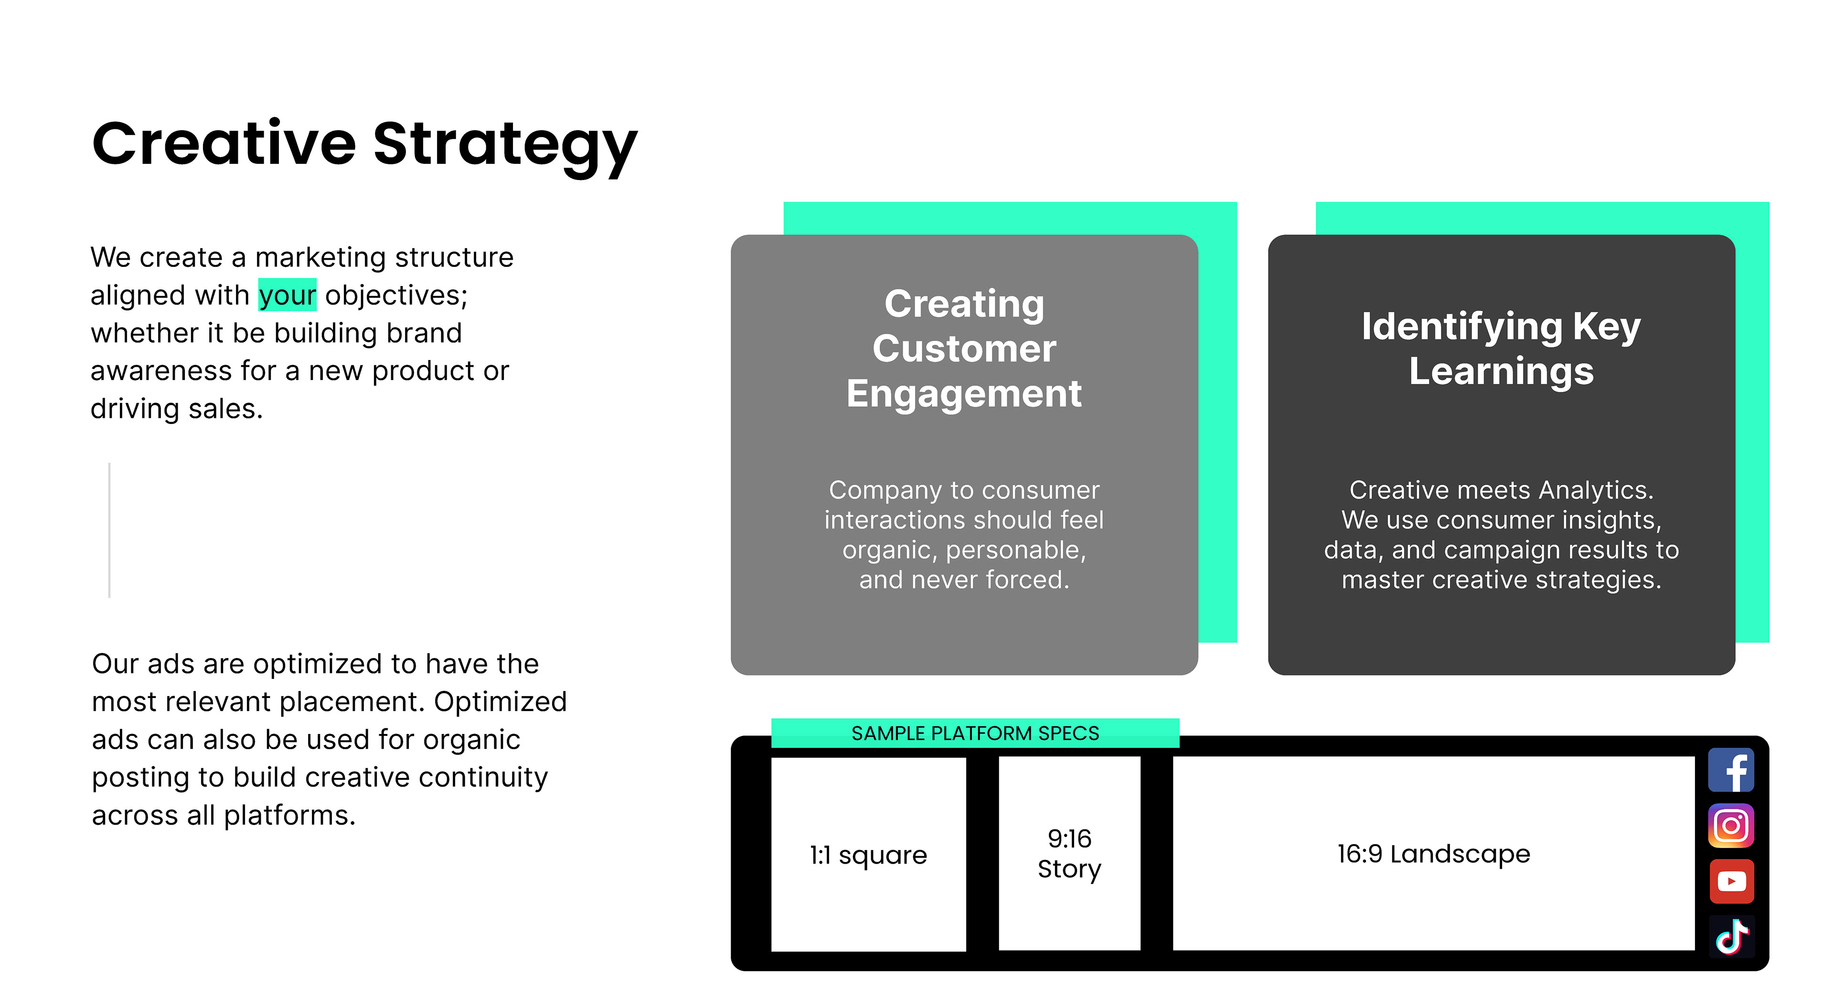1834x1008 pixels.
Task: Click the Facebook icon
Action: tap(1731, 770)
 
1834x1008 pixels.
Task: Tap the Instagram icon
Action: tap(1731, 826)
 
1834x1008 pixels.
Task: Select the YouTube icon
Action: tap(1731, 881)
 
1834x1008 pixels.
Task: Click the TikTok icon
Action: tap(1731, 937)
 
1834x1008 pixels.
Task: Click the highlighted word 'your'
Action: tap(287, 295)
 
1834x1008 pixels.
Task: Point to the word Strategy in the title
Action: tap(505, 145)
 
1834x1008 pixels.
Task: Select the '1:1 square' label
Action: tap(868, 854)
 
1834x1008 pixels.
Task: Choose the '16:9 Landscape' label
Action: tap(1433, 853)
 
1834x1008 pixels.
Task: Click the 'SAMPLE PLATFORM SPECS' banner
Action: tap(975, 733)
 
